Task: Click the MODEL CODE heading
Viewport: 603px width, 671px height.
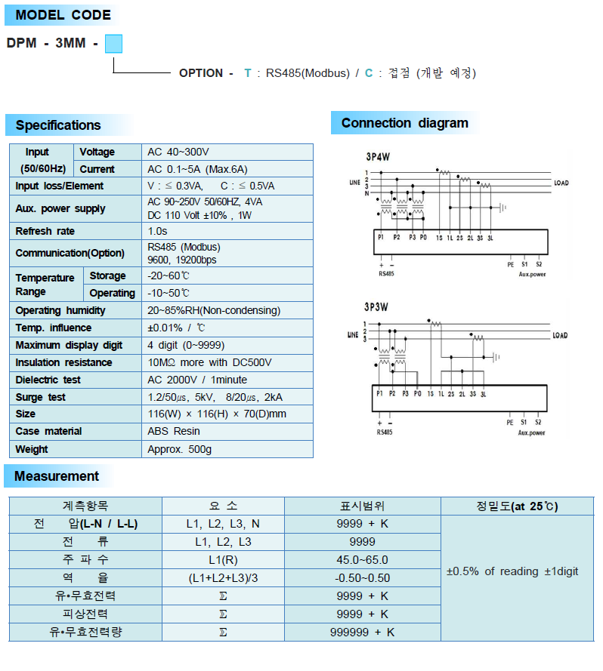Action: (x=63, y=15)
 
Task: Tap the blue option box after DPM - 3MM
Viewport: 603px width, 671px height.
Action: (x=113, y=44)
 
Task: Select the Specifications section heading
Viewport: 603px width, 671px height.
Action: (x=58, y=125)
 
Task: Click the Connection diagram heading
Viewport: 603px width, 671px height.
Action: (x=404, y=123)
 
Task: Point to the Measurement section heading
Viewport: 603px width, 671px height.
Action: (x=57, y=476)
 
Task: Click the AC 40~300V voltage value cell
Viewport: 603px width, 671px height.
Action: (x=178, y=152)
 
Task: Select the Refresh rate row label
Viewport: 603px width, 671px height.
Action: (x=45, y=232)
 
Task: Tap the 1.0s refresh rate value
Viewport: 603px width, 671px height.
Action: (x=158, y=232)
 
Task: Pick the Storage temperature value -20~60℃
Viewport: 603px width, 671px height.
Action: (x=169, y=276)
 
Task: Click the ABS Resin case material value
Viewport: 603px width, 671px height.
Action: (x=175, y=432)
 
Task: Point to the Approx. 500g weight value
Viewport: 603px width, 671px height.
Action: (x=180, y=449)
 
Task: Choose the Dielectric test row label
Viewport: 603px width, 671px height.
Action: (x=48, y=380)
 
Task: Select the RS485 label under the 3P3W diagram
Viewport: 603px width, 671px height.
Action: (x=385, y=432)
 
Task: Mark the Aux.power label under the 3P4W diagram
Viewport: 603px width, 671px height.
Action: (x=532, y=274)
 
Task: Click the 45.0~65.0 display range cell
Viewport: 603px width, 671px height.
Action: (x=362, y=560)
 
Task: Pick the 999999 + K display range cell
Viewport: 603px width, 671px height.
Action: (x=362, y=633)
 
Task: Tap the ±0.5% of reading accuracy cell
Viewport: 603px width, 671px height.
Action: (x=512, y=571)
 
